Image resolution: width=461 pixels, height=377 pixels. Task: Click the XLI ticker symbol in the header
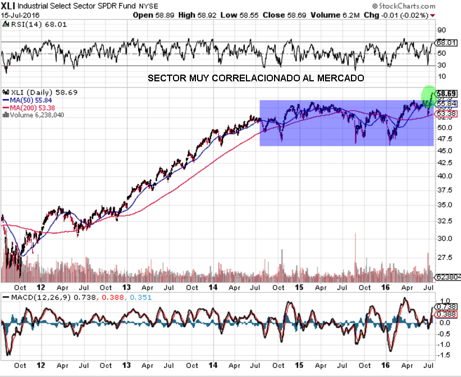(x=8, y=5)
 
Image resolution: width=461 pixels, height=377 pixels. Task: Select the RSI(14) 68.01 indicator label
(x=26, y=24)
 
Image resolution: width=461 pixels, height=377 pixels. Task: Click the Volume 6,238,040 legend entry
(x=35, y=114)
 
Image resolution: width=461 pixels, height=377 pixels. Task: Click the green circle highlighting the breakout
(x=429, y=94)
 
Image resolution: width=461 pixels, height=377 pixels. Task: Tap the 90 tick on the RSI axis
(x=441, y=30)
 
